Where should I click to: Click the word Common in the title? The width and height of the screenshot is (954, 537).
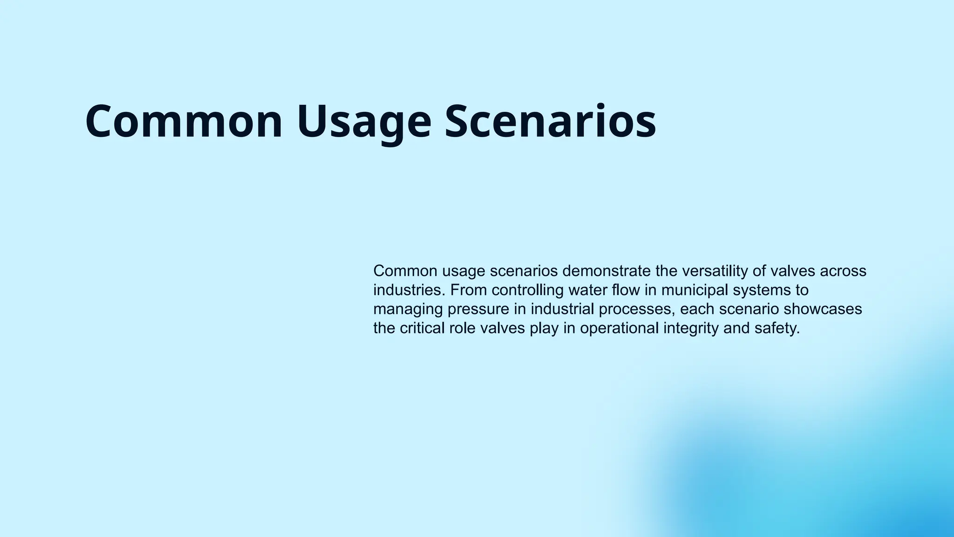184,121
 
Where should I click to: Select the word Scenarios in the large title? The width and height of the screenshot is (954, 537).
550,121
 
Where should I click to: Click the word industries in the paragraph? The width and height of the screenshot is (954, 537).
409,290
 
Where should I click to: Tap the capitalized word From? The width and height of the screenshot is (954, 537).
469,290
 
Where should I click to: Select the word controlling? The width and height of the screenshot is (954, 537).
528,290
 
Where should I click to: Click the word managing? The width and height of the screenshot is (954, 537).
409,310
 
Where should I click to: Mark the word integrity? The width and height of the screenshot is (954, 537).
691,328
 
